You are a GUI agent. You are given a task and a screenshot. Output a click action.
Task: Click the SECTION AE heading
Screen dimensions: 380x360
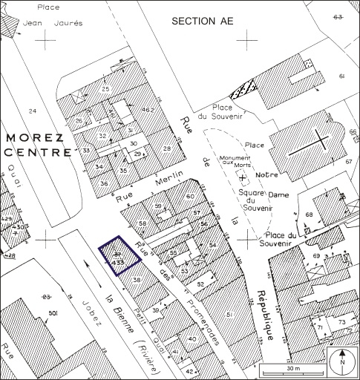[202, 21]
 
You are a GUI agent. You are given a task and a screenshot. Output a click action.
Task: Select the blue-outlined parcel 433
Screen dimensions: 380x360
[120, 256]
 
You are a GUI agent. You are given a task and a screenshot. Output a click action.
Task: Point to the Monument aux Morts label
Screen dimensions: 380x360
[235, 163]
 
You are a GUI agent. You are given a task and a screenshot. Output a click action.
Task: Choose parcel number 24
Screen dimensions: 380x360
[32, 111]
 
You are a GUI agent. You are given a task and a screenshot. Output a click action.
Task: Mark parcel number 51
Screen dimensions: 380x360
[229, 315]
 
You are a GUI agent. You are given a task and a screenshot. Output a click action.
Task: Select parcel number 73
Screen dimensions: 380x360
[341, 321]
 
